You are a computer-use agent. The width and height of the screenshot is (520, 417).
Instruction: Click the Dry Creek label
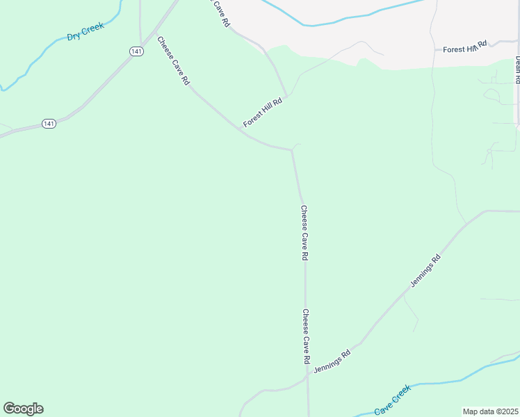pos(86,31)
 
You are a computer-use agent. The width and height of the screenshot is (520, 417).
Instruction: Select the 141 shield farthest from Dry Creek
pos(48,123)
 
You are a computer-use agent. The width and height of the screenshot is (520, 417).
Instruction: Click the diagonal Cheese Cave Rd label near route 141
pos(173,60)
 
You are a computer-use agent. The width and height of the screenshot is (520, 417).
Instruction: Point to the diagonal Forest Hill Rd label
pos(263,113)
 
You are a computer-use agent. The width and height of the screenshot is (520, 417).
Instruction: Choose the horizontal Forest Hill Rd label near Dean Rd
pos(465,47)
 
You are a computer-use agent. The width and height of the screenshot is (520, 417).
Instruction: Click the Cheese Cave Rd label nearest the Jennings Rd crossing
pos(305,337)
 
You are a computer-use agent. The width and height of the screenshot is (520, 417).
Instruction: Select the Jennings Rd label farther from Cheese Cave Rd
pos(425,271)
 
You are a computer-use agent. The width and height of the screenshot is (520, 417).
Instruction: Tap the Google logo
pos(23,409)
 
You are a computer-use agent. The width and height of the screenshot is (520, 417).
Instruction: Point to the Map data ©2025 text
pos(490,411)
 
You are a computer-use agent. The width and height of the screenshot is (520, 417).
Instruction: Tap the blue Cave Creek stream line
pos(445,382)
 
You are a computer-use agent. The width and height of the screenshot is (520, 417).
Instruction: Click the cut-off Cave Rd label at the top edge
pos(219,13)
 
